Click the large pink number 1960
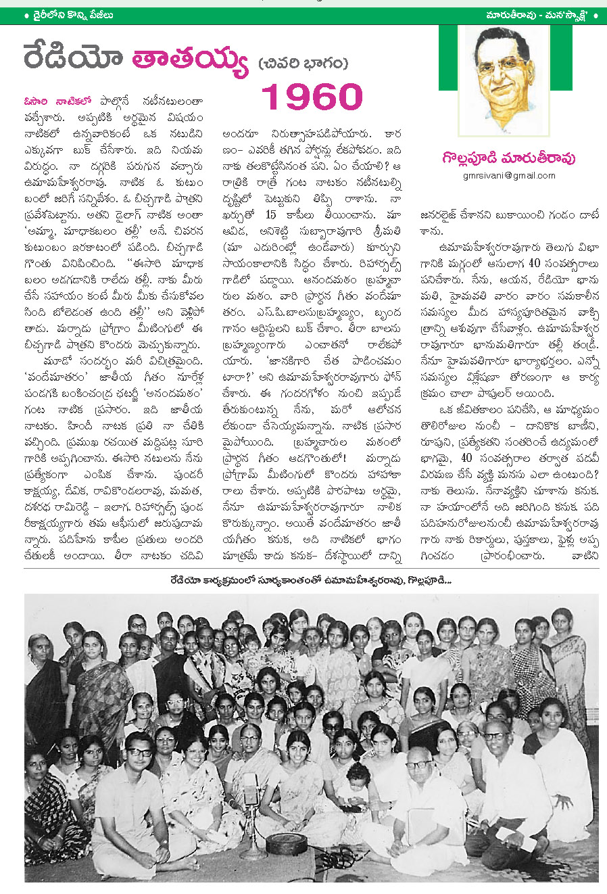pos(312,97)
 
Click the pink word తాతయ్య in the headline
pos(190,60)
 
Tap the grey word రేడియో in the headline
pos(74,58)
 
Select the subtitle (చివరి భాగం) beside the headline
pos(303,64)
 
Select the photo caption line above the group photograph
pos(310,580)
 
